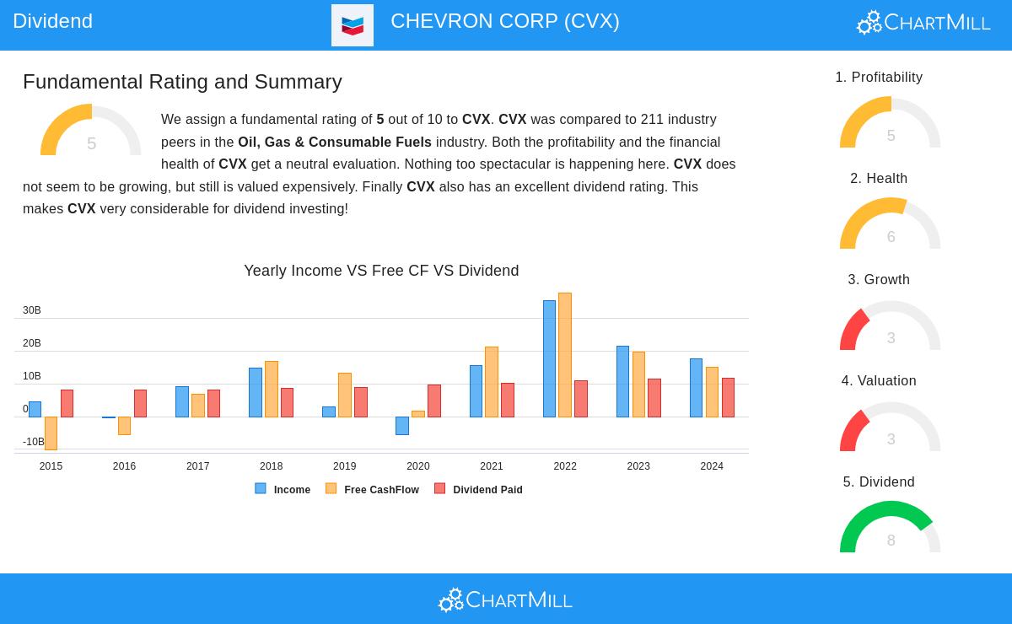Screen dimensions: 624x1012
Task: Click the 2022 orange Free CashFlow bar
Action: coord(565,355)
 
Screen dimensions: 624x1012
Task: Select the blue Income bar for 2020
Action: coord(402,426)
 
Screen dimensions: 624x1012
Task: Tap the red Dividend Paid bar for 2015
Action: coord(67,404)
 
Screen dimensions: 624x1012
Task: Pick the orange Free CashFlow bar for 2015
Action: coord(51,433)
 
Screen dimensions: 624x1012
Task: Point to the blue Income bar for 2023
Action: coord(622,382)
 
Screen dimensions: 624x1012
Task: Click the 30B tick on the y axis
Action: coord(32,310)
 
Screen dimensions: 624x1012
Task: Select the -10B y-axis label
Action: coord(33,442)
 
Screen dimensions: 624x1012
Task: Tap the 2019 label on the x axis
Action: coord(344,466)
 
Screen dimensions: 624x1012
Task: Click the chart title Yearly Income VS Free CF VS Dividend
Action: coord(381,271)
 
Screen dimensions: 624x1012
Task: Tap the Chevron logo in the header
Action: coord(353,25)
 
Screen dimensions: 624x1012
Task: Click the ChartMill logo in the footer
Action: coord(505,600)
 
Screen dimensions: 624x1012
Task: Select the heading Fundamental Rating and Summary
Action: coord(182,82)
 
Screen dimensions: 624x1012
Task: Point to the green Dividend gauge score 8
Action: coord(891,541)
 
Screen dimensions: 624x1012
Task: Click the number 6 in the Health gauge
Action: coord(891,237)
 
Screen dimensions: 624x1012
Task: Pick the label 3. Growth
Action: coord(879,280)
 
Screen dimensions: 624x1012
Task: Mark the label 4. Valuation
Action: coord(879,381)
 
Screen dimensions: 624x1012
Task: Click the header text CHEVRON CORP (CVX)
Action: coord(504,22)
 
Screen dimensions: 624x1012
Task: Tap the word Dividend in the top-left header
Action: coord(52,21)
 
